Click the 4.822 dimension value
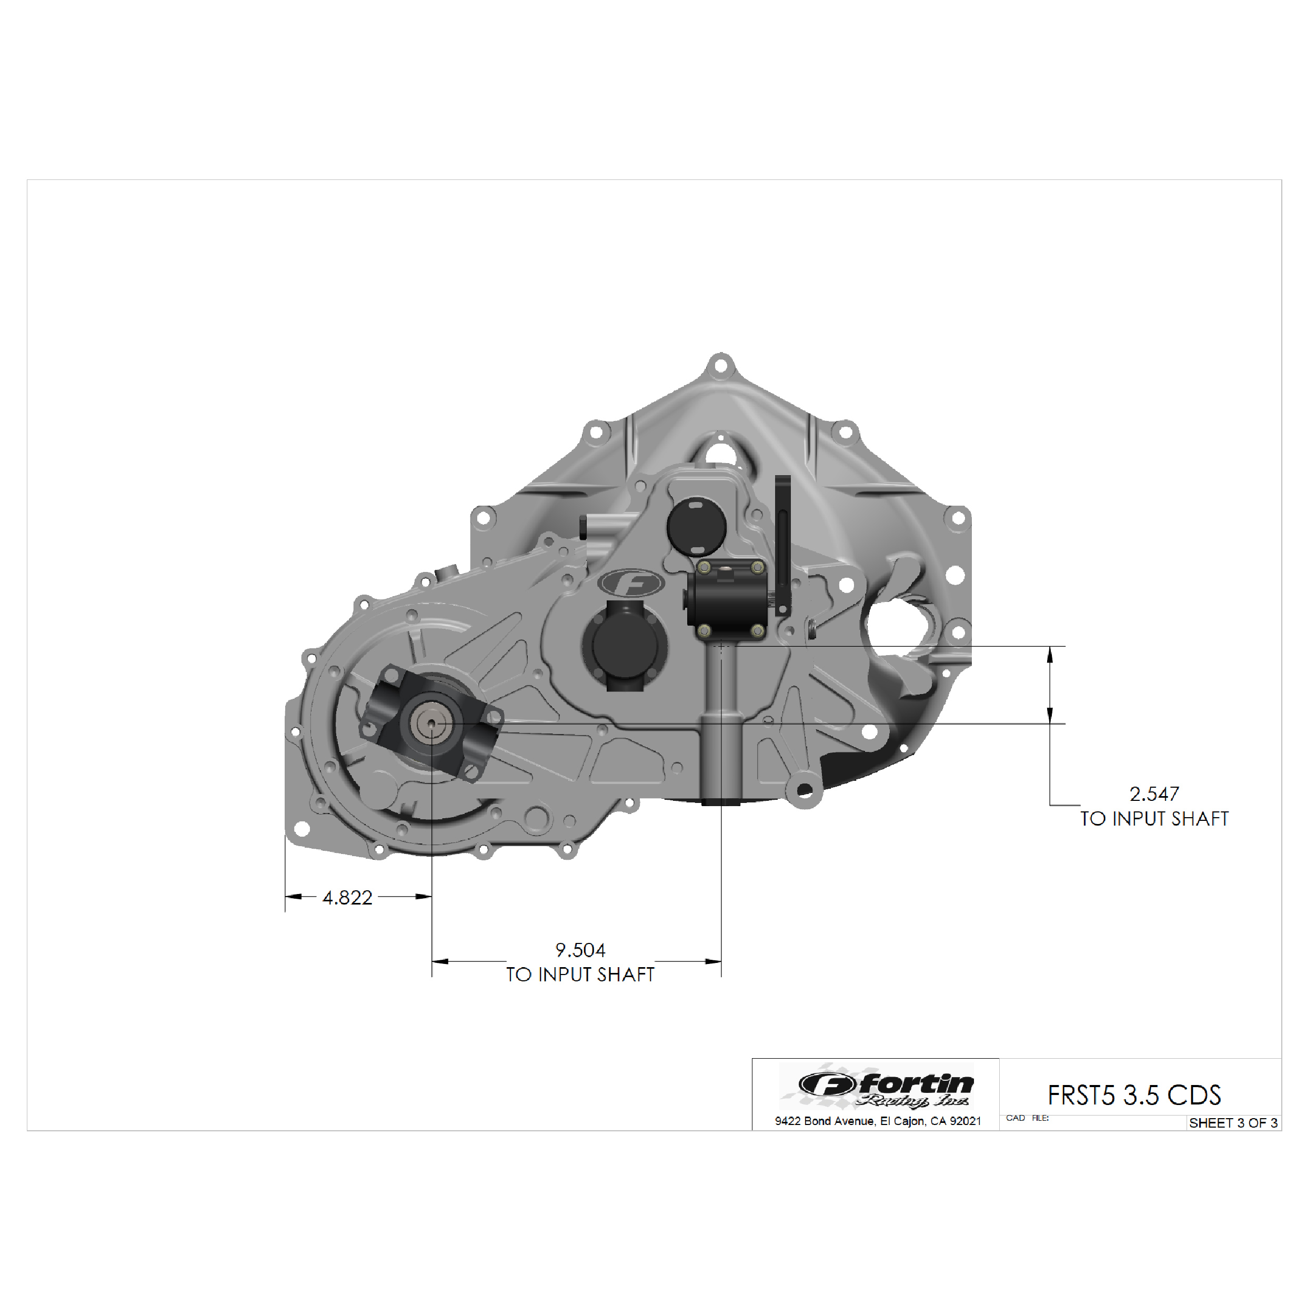pos(347,898)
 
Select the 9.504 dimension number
pos(580,950)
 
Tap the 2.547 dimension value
pos(1154,793)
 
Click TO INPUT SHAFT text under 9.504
pos(580,975)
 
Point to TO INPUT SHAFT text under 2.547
pos(1154,819)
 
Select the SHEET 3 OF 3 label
pos(1233,1123)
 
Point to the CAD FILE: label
pos(1027,1118)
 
